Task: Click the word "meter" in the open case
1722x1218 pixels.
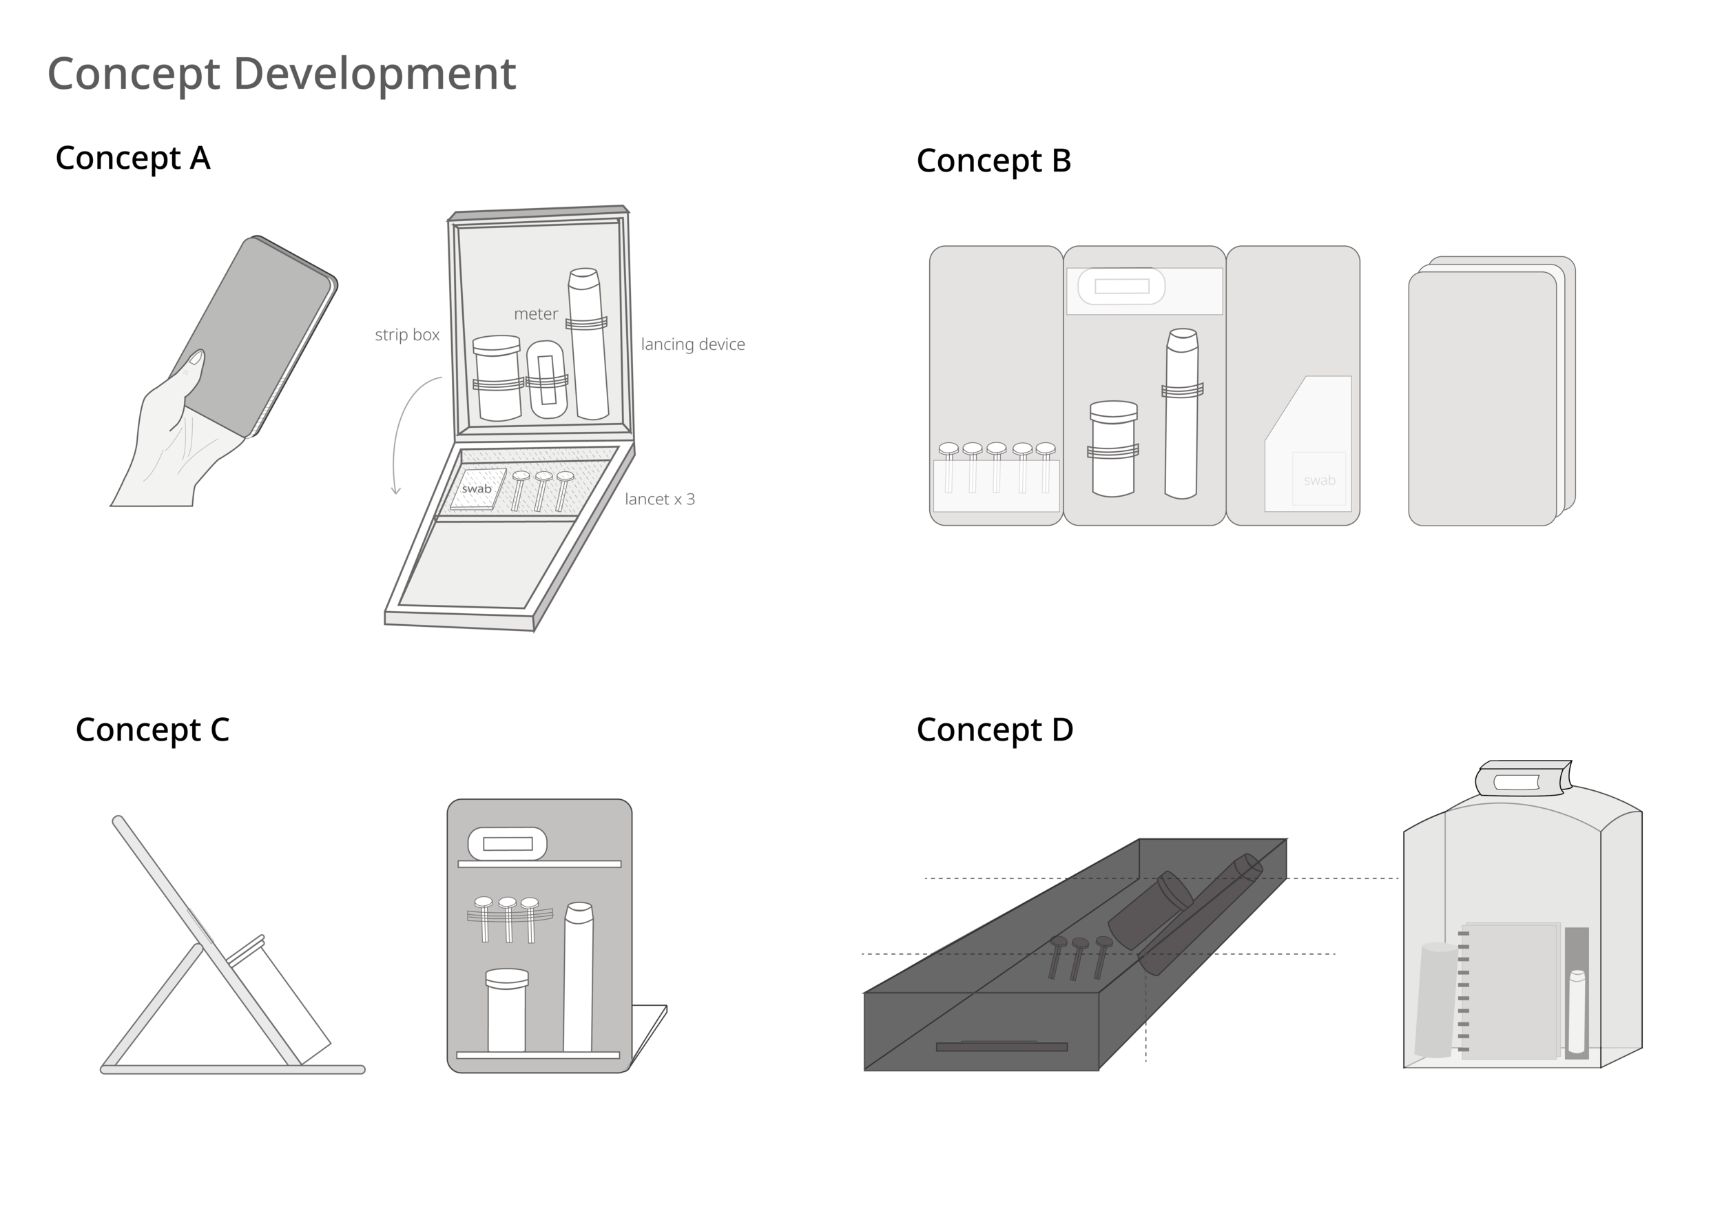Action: tap(535, 313)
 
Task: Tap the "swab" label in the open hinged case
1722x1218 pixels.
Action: tap(476, 489)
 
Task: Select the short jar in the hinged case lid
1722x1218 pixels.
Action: tap(497, 379)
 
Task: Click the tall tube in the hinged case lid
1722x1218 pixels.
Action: tap(588, 345)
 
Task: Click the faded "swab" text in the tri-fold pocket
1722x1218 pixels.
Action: tap(1319, 480)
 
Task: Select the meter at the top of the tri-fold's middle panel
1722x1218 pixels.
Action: tap(1121, 286)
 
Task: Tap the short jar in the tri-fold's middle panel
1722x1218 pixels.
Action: tap(1113, 448)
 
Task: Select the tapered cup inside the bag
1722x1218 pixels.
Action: tap(1435, 999)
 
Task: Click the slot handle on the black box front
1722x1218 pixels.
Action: tap(1002, 1046)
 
